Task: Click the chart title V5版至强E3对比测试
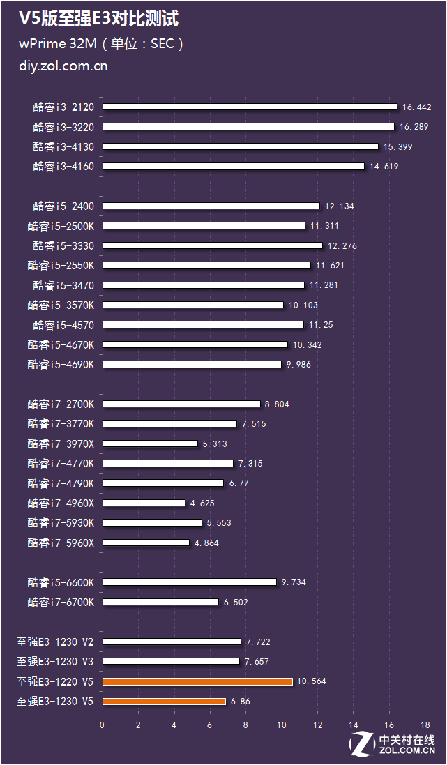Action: coord(99,18)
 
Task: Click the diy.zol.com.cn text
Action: coord(63,67)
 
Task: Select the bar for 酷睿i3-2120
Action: coord(250,107)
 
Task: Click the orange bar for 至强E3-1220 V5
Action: coord(197,681)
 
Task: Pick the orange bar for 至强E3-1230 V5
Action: coord(164,701)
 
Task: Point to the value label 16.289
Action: coord(414,127)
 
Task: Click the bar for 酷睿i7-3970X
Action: coord(150,444)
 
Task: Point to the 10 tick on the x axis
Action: coord(281,725)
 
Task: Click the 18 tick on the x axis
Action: coord(424,725)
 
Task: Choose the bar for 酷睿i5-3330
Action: coord(213,245)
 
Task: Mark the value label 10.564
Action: coord(311,681)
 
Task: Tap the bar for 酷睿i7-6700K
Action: coord(160,602)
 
